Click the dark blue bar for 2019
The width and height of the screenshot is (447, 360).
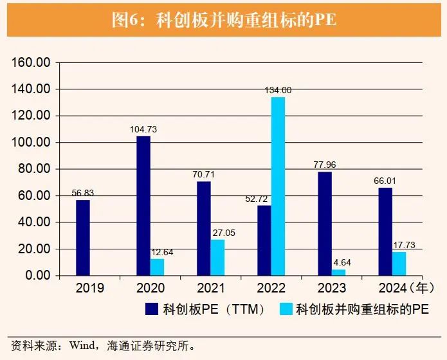83,238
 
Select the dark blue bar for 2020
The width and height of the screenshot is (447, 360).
143,206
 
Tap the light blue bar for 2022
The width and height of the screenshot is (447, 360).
278,186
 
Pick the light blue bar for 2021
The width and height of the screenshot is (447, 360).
217,257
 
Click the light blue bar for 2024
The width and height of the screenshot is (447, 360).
399,264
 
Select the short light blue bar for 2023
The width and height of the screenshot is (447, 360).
338,272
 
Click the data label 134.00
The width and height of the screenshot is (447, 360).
278,90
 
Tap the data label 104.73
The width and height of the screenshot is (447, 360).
143,129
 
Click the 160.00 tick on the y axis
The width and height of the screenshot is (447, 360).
32,63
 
